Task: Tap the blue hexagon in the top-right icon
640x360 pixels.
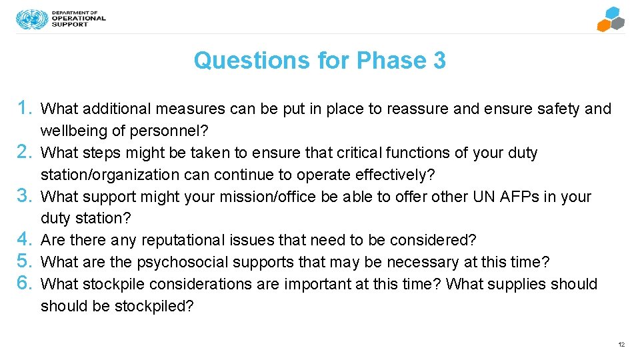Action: pyautogui.click(x=612, y=13)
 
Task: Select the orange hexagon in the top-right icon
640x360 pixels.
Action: pyautogui.click(x=604, y=25)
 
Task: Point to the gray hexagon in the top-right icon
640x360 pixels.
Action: pyautogui.click(x=619, y=24)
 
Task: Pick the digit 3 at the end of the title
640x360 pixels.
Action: pyautogui.click(x=439, y=61)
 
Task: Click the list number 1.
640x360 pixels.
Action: pyautogui.click(x=25, y=108)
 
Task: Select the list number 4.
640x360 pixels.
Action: pyautogui.click(x=25, y=239)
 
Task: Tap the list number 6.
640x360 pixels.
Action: pyautogui.click(x=25, y=283)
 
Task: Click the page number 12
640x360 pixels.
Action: pyautogui.click(x=621, y=345)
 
